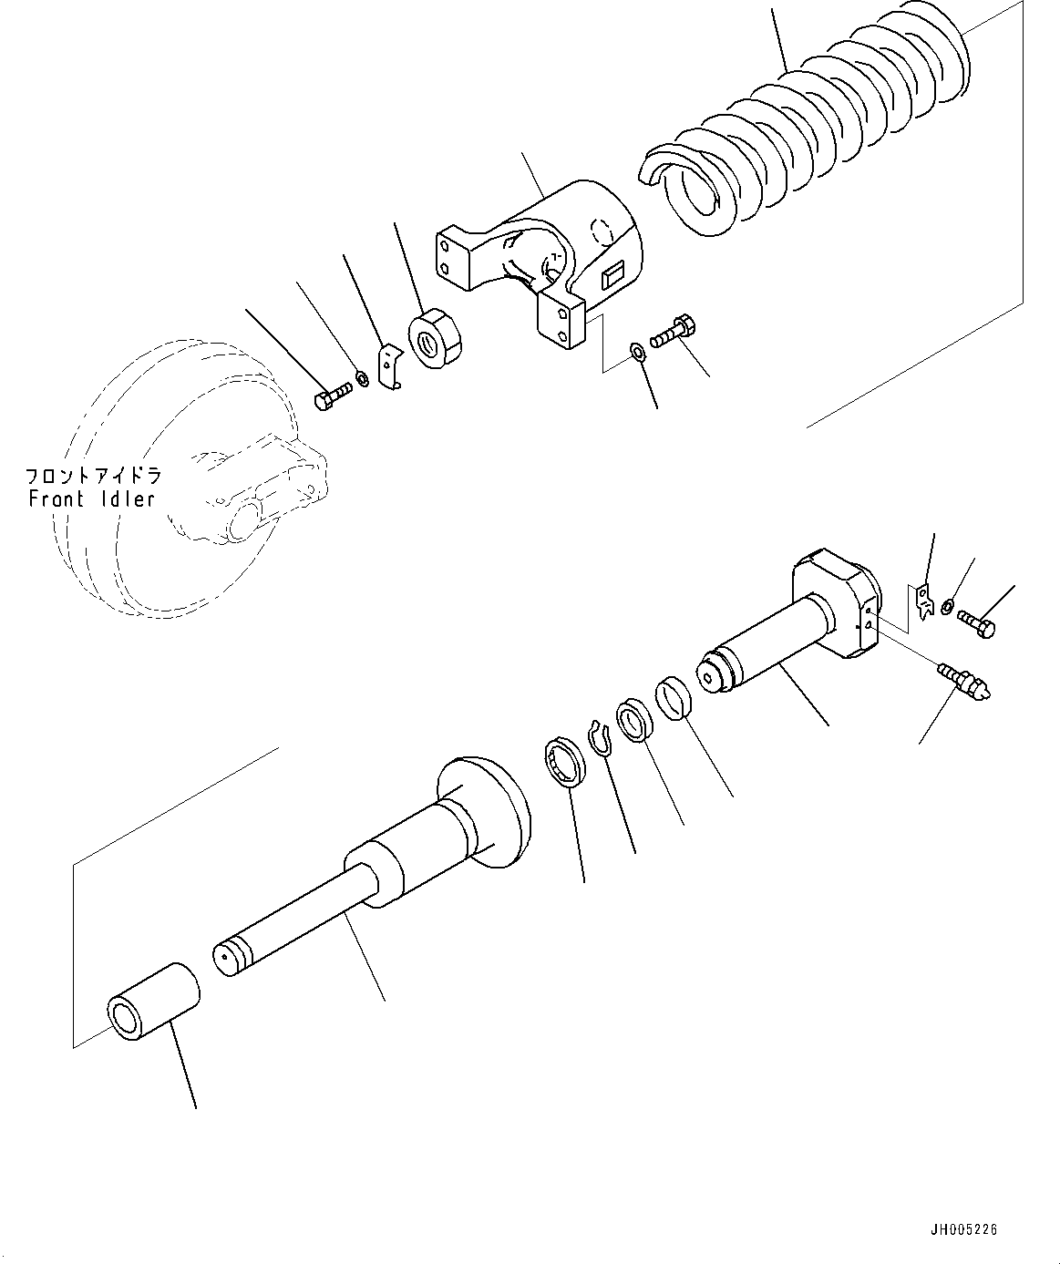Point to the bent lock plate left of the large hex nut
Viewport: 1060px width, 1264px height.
pos(391,365)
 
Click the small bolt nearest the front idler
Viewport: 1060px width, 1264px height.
pos(332,398)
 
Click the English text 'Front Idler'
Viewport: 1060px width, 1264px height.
pos(91,499)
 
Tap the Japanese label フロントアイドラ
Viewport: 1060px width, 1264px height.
pos(93,476)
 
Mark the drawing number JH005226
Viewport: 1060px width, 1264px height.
pos(963,1230)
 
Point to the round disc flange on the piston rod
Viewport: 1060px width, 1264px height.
pos(488,811)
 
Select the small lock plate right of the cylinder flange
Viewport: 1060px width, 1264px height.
pos(924,602)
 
